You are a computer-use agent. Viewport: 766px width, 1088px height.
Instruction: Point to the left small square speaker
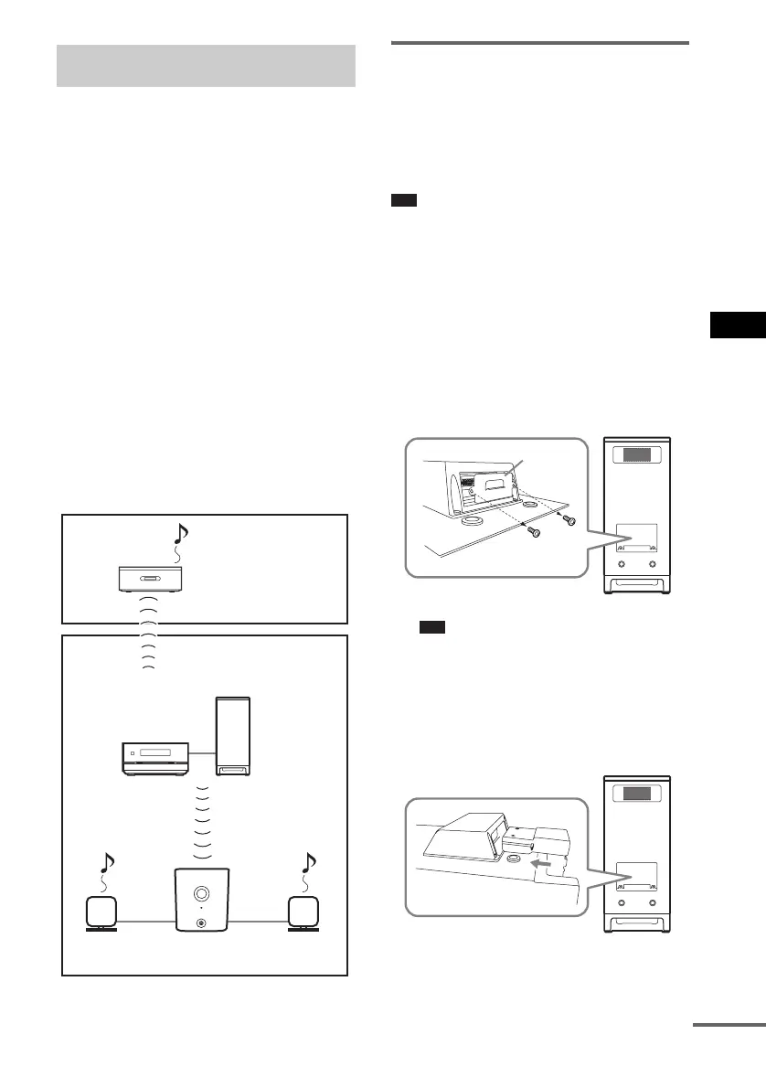101,913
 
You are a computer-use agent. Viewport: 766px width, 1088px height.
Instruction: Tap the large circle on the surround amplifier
202,891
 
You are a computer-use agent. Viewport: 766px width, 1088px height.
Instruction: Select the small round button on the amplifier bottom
202,923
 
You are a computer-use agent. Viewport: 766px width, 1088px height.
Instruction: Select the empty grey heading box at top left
206,66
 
